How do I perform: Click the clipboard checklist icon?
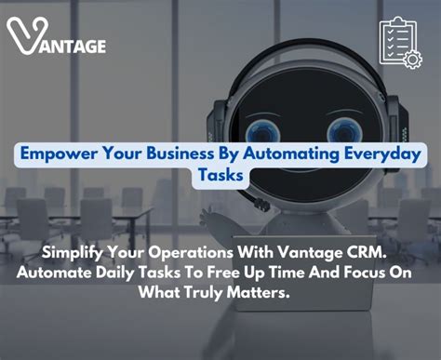click(x=399, y=42)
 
